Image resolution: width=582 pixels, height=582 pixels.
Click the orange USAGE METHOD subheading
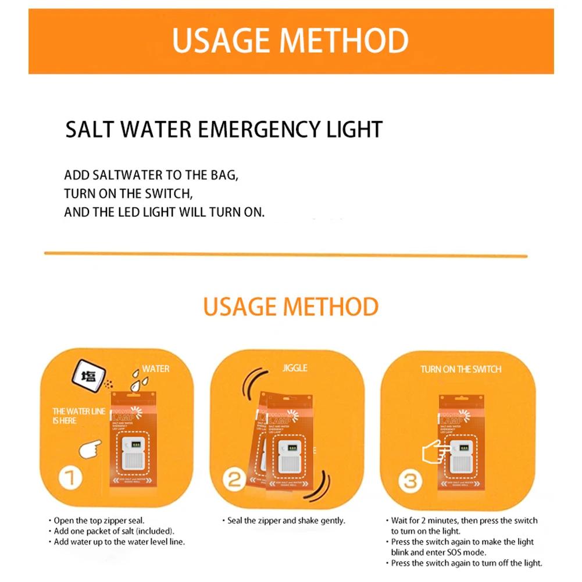pyautogui.click(x=291, y=306)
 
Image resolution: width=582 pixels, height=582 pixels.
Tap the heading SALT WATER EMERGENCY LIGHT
pyautogui.click(x=224, y=129)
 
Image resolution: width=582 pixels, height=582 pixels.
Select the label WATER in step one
pyautogui.click(x=156, y=369)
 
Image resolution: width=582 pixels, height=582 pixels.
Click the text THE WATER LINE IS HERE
pyautogui.click(x=78, y=416)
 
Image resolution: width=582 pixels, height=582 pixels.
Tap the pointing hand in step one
pyautogui.click(x=90, y=449)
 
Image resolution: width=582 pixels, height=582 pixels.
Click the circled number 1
pyautogui.click(x=69, y=479)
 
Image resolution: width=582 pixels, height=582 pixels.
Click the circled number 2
pyautogui.click(x=235, y=480)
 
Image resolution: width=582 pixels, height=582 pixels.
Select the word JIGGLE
pyautogui.click(x=295, y=368)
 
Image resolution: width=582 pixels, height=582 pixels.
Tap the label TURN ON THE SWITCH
pyautogui.click(x=460, y=369)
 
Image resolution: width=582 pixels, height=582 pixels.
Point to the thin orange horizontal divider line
pyautogui.click(x=285, y=254)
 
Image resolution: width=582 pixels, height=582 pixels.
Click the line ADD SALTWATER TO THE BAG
pyautogui.click(x=151, y=175)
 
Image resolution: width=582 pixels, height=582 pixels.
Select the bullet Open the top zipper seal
pyautogui.click(x=99, y=520)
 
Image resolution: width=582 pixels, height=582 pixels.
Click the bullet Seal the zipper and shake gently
pyautogui.click(x=284, y=520)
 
